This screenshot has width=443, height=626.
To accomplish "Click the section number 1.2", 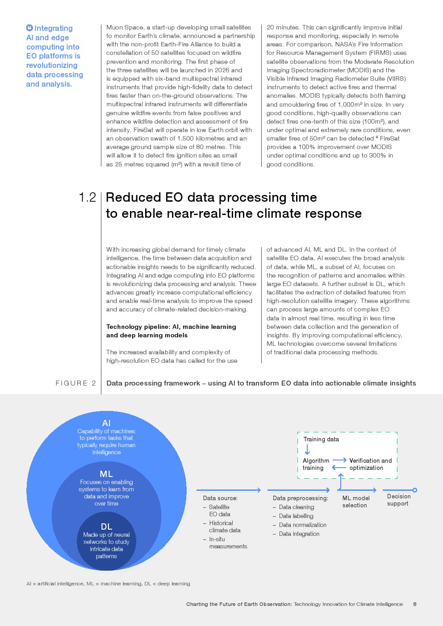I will (87, 198).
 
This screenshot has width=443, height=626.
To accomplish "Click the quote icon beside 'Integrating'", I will (29, 28).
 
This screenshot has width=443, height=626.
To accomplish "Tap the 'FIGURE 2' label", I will (75, 383).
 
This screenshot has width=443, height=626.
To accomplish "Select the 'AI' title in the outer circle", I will (106, 423).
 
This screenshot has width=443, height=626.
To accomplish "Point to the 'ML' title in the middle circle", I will (106, 474).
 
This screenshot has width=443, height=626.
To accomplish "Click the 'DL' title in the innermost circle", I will (106, 527).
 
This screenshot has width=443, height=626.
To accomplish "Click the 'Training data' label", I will (321, 439).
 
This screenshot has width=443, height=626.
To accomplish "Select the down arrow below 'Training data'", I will (307, 449).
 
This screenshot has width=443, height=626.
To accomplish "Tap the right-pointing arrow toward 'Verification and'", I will (339, 460).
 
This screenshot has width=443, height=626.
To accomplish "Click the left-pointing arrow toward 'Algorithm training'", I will (339, 468).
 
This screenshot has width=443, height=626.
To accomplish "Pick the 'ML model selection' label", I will (355, 502).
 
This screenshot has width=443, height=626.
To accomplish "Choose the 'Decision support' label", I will (398, 500).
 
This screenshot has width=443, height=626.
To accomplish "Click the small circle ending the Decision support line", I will (415, 490).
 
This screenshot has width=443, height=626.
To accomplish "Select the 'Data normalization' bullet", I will (302, 525).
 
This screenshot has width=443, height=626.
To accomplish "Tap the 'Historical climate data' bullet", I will (224, 527).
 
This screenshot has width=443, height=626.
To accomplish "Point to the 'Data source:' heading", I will (220, 498).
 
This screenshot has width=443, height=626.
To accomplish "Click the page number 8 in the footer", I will (415, 604).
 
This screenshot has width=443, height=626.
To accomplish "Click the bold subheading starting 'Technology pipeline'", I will (171, 331).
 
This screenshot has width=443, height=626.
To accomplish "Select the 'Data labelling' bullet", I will (296, 516).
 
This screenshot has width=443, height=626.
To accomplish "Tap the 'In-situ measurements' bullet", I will (227, 543).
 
